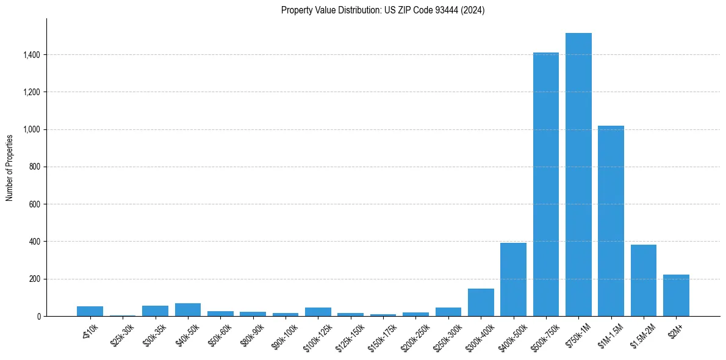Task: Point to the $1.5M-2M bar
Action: click(644, 281)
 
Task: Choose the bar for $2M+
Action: click(676, 295)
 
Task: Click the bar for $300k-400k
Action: click(481, 302)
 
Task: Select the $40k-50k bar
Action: click(188, 309)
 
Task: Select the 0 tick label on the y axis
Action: click(39, 316)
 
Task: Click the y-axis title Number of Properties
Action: click(10, 167)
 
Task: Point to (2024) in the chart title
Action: click(472, 10)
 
